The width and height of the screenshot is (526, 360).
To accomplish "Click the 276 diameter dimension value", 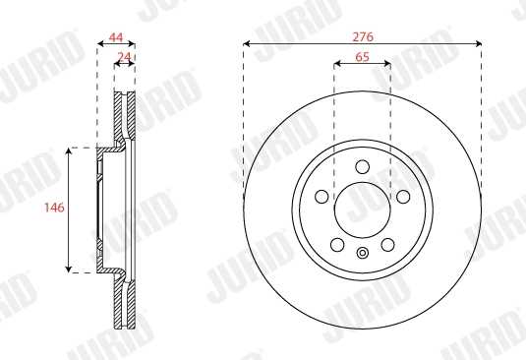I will (362, 35).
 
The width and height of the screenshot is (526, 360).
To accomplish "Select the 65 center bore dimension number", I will (362, 58).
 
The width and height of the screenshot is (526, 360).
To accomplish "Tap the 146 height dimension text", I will (55, 209).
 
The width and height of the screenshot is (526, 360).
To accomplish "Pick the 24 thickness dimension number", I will (124, 57).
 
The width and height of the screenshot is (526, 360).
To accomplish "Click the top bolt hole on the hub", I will (362, 165).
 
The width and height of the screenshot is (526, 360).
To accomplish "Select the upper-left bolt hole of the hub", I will (321, 196).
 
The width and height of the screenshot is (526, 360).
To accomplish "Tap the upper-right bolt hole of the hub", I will (403, 196).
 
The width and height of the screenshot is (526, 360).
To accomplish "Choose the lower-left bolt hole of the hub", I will (336, 243).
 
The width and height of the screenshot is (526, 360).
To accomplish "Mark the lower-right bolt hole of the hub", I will (387, 243).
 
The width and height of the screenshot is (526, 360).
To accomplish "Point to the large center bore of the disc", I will (362, 209).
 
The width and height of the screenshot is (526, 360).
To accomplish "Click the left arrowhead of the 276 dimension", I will (246, 44).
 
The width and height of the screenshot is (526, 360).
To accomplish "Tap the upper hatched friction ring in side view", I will (125, 113).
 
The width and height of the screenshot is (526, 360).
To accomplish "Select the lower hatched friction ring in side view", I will (125, 305).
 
